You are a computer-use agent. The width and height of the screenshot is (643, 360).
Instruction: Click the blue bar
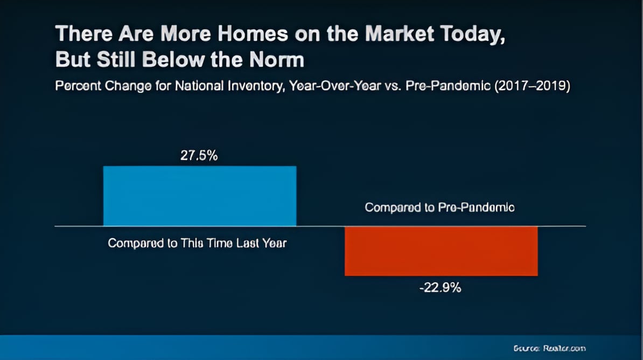[199, 196]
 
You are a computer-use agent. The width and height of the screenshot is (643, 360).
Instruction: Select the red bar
[441, 251]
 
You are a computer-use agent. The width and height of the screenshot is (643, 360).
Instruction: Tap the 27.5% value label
[199, 156]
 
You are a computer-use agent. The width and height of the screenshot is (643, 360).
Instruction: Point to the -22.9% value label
[440, 288]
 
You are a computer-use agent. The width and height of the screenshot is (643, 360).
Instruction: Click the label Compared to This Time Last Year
[197, 243]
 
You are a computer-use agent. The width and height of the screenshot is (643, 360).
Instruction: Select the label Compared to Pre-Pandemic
[439, 207]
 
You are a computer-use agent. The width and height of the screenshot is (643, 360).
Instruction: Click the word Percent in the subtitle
[75, 86]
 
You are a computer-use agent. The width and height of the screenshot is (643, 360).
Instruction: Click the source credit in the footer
[549, 348]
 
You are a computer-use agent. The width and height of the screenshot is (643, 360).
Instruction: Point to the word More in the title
[167, 34]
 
